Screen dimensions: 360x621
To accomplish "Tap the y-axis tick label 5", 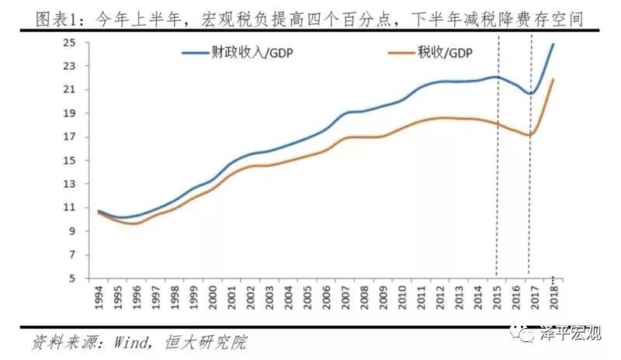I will (x=73, y=279).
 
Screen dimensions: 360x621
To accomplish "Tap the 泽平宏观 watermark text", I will (x=571, y=334).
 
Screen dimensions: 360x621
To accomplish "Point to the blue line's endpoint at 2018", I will (x=553, y=43).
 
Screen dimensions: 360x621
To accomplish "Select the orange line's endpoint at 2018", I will (x=553, y=78).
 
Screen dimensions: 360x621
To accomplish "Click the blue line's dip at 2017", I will (x=529, y=94).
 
